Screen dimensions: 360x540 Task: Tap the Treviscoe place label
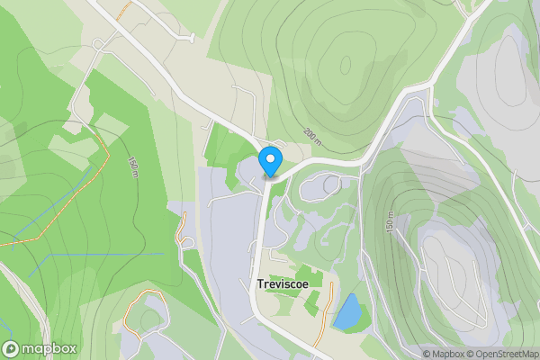pyautogui.click(x=288, y=283)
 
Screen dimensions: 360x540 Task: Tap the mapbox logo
pyautogui.click(x=40, y=348)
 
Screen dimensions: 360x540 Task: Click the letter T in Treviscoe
pyautogui.click(x=260, y=283)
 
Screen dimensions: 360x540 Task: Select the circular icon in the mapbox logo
pyautogui.click(x=12, y=348)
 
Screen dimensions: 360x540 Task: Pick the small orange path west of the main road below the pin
pyautogui.click(x=184, y=229)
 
